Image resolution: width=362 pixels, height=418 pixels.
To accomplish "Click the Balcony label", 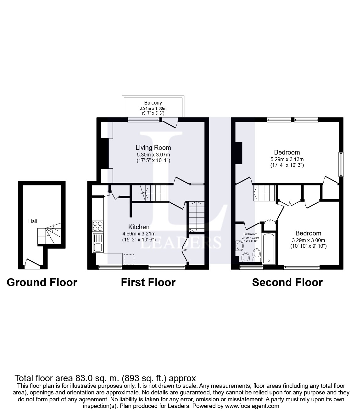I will click(153, 103).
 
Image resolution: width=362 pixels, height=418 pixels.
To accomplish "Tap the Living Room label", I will click(153, 147).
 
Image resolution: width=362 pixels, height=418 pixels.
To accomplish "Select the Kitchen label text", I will click(139, 227).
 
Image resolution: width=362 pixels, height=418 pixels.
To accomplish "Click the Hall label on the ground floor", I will click(33, 221).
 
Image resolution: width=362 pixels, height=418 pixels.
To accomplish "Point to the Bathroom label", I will click(250, 234).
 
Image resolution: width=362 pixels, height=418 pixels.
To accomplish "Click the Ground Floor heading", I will click(42, 282).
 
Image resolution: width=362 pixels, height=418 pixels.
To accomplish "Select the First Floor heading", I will click(148, 282).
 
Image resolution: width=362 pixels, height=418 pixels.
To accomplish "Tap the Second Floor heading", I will click(287, 282).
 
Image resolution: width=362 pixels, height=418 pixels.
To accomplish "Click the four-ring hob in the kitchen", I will click(97, 226).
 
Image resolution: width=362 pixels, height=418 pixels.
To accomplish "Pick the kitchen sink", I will click(97, 243).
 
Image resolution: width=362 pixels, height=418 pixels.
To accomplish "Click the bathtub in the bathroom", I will click(268, 248).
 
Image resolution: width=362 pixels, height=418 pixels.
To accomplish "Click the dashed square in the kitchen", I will click(129, 259).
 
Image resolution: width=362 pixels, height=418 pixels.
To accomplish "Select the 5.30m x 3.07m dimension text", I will click(153, 155).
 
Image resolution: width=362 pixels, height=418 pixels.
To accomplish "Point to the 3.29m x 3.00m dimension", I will click(308, 240).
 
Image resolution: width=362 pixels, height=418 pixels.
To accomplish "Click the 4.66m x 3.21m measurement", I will click(139, 234).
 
